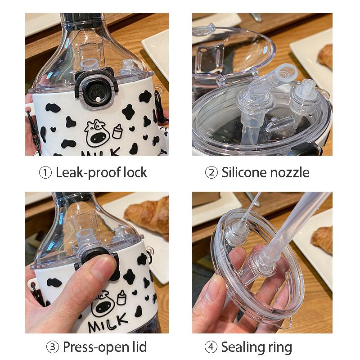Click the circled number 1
pos(45,173)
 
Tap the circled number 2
pos(211,173)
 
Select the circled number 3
pos(53,347)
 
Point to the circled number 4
pos(211,347)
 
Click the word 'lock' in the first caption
pos(135,172)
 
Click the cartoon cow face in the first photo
pos(96,133)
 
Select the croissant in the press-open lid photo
pos(148,216)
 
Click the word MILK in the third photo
pos(108,322)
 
